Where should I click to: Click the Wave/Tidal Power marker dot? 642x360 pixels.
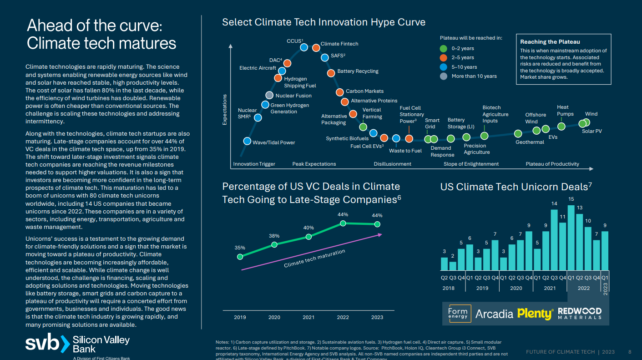(247, 141)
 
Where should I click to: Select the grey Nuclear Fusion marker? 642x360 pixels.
(269, 96)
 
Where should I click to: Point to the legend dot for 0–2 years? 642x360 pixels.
(444, 48)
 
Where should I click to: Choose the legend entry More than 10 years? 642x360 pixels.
(474, 76)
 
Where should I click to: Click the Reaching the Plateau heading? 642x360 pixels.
(550, 42)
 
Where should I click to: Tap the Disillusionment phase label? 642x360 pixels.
(392, 164)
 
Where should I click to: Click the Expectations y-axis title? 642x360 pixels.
(224, 110)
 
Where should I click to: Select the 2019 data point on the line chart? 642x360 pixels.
(240, 257)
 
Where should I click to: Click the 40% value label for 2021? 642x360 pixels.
(308, 228)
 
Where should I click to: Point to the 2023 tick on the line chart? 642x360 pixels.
(377, 317)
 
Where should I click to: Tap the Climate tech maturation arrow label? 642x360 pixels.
(314, 259)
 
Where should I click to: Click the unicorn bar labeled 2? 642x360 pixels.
(453, 265)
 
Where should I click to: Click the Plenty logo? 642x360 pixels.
(535, 313)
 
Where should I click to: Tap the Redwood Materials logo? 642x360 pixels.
(579, 313)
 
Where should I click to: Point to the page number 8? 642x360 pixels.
(630, 352)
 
